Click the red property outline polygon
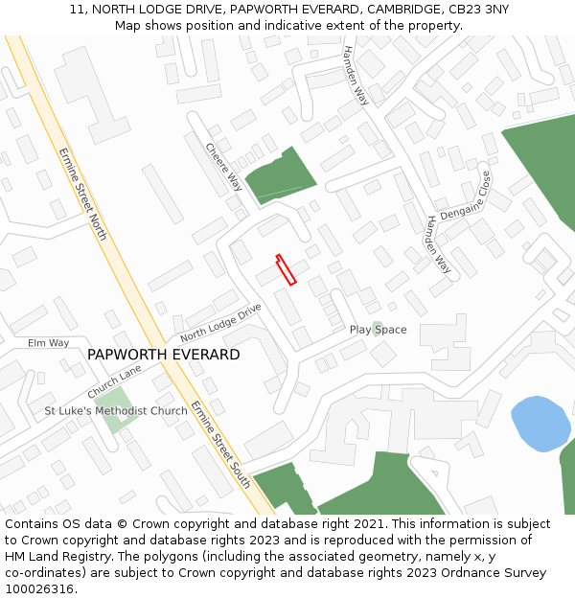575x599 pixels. click(286, 269)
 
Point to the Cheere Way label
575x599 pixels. click(223, 167)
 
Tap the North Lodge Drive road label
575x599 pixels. click(220, 323)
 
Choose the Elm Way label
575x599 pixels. click(48, 342)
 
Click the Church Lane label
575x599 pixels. click(114, 381)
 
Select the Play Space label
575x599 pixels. click(378, 330)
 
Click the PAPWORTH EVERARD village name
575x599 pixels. click(163, 355)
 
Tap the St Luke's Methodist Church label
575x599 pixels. click(116, 411)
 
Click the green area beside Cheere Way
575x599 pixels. click(280, 174)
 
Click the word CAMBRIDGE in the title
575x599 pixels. click(401, 10)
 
